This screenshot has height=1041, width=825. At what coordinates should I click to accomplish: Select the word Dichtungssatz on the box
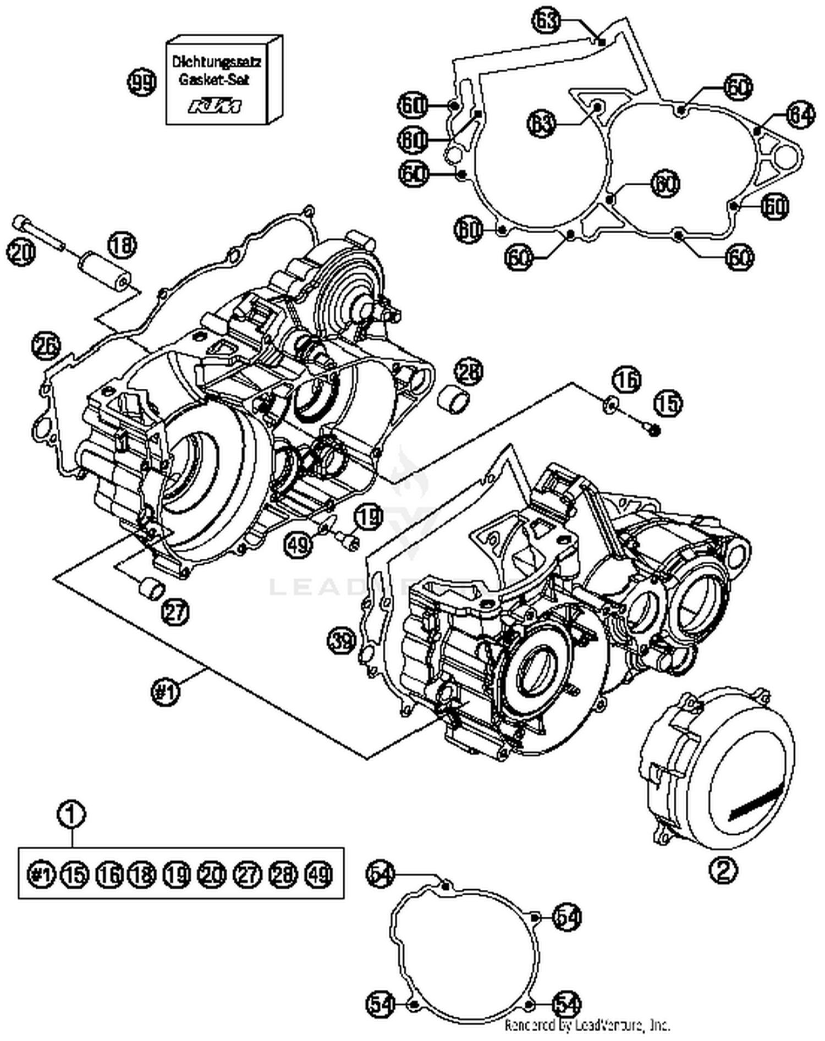pyautogui.click(x=217, y=62)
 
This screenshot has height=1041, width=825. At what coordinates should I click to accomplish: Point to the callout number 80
pyautogui.click(x=414, y=141)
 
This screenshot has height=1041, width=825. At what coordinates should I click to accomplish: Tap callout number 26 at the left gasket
pyautogui.click(x=46, y=346)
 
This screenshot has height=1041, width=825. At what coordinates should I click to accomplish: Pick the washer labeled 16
pyautogui.click(x=611, y=406)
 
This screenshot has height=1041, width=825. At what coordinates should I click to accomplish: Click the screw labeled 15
pyautogui.click(x=652, y=429)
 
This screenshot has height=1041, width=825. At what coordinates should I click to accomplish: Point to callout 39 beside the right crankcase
pyautogui.click(x=342, y=641)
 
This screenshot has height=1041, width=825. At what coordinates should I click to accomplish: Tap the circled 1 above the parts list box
pyautogui.click(x=72, y=814)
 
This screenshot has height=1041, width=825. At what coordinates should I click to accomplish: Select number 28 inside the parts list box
pyautogui.click(x=284, y=873)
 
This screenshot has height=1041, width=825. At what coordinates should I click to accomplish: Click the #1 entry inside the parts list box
pyautogui.click(x=42, y=873)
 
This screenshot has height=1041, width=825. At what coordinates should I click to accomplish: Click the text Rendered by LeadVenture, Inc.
pyautogui.click(x=587, y=1026)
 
